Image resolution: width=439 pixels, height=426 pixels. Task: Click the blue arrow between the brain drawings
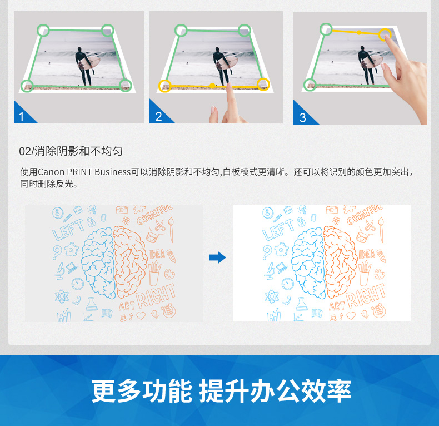(217, 257)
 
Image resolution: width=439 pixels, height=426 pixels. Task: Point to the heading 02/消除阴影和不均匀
(71, 151)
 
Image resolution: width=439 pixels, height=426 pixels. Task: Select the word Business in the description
(113, 172)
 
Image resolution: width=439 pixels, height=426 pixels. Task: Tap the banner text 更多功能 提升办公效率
(221, 392)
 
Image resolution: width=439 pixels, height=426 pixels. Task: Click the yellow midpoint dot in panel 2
(212, 86)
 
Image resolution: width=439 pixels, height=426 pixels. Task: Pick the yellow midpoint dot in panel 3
(359, 32)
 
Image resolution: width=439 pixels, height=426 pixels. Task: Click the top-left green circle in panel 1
(43, 30)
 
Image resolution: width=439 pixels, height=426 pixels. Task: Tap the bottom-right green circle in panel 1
(126, 85)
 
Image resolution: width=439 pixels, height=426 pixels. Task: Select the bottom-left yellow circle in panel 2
(165, 86)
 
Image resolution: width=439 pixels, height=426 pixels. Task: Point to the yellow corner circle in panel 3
(385, 34)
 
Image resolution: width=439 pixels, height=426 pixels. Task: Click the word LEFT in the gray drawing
(68, 229)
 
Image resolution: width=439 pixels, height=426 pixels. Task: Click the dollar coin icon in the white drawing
(268, 212)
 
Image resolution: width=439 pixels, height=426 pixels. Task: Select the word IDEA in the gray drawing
(157, 254)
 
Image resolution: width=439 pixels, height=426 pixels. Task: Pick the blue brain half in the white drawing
(308, 263)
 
